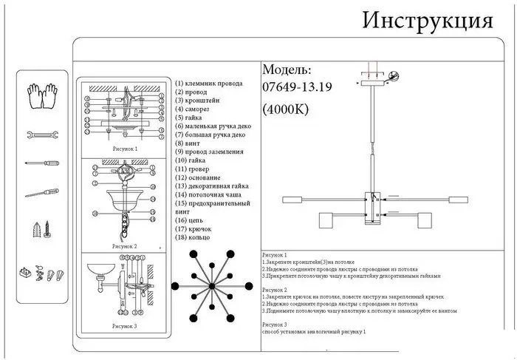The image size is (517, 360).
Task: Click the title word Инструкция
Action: pyautogui.click(x=427, y=20)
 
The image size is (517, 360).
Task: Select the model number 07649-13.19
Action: pyautogui.click(x=298, y=87)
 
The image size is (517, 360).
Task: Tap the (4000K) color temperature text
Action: pyautogui.click(x=286, y=109)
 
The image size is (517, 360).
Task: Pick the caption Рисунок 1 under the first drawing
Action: pyautogui.click(x=125, y=148)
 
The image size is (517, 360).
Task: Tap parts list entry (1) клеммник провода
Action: pyautogui.click(x=210, y=83)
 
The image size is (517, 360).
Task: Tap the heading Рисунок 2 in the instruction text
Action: pyautogui.click(x=275, y=291)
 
